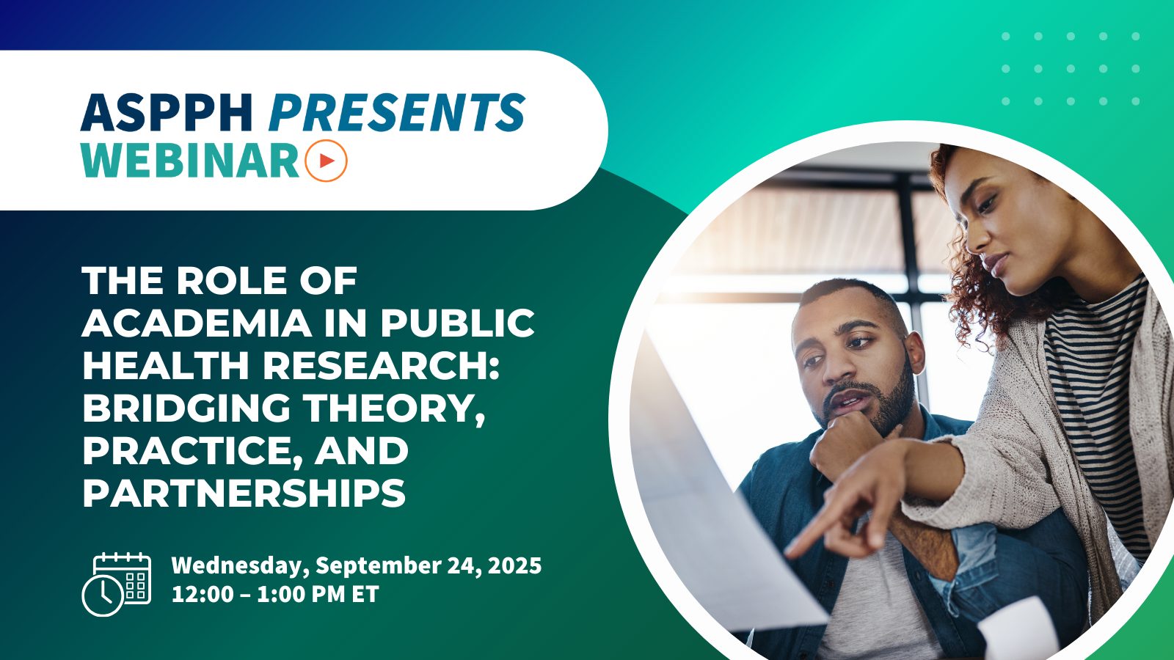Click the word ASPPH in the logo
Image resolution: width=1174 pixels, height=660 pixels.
tap(167, 113)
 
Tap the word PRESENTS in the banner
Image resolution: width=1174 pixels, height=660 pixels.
tap(396, 113)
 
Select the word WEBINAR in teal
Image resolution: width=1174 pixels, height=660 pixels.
tap(190, 160)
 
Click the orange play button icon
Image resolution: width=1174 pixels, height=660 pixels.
tap(326, 160)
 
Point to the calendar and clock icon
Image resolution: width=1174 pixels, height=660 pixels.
tap(116, 584)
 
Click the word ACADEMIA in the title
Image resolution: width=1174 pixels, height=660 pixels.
tap(197, 323)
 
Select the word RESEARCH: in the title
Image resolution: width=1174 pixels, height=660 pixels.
tap(381, 365)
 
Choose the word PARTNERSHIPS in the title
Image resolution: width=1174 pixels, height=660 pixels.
tap(244, 493)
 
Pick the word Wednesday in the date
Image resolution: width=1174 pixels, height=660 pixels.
tap(240, 565)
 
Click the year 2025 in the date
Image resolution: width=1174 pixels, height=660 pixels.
tap(514, 565)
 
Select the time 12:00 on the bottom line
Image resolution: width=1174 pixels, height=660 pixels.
tap(203, 593)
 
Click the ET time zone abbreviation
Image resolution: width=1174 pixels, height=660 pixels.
tap(365, 593)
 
